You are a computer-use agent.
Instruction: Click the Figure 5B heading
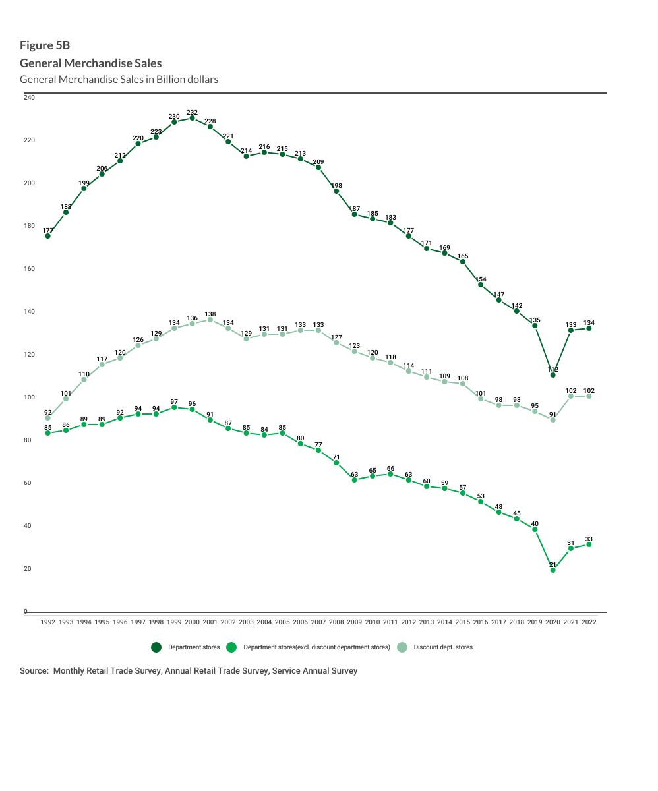pos(44,45)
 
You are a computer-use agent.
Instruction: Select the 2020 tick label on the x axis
pos(553,622)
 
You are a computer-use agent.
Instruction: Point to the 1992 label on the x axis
pos(47,622)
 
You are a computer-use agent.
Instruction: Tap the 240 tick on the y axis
pos(29,98)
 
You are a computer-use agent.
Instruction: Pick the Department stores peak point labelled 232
pos(192,118)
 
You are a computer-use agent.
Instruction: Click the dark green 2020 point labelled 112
pos(553,375)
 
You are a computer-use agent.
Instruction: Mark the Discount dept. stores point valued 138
pos(210,320)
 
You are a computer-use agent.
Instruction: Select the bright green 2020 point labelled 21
pos(553,570)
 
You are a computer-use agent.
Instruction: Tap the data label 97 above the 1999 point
pos(174,401)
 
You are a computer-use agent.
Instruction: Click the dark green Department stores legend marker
pos(156,647)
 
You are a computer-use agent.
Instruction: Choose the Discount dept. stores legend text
pos(443,647)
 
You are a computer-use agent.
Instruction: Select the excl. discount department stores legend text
pos(316,647)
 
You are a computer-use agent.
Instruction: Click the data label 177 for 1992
pos(47,231)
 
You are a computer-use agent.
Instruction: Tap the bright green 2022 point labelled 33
pos(589,544)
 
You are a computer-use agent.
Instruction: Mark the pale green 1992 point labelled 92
pos(47,418)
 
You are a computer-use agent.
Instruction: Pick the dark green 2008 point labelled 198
pos(336,191)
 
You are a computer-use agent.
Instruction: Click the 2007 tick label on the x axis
pos(318,622)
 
